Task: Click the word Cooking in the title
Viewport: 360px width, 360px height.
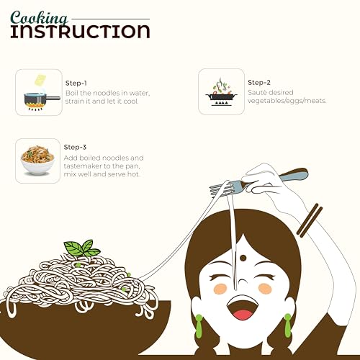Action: click(x=39, y=19)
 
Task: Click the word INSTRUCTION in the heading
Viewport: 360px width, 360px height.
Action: click(x=81, y=32)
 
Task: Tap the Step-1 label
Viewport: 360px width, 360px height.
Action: click(x=76, y=84)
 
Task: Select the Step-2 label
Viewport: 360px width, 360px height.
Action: click(x=259, y=83)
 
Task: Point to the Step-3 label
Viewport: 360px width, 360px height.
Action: click(x=75, y=147)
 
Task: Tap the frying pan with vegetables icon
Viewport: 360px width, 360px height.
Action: click(x=221, y=92)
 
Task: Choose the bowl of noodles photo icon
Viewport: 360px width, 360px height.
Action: click(x=37, y=160)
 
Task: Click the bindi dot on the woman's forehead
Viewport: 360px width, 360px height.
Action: click(x=243, y=258)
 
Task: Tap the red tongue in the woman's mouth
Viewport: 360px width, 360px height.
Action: click(x=243, y=315)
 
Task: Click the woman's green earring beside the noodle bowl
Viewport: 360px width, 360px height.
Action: click(x=199, y=326)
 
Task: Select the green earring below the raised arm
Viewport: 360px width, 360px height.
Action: click(x=288, y=325)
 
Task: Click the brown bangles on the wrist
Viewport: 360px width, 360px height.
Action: click(x=310, y=220)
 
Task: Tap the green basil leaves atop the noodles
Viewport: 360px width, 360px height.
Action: click(x=81, y=248)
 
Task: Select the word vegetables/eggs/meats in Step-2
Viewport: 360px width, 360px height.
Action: click(x=287, y=101)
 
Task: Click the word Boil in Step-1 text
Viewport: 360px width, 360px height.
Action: click(x=71, y=93)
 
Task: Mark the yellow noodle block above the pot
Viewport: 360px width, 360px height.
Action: click(x=40, y=81)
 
